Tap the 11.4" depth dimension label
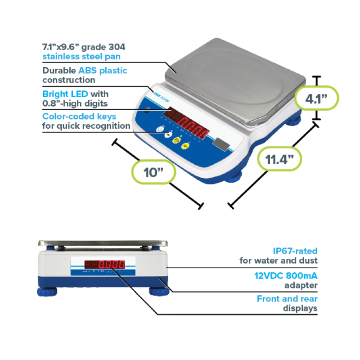coord(279,159)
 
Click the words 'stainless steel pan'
coord(81,57)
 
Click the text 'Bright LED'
coord(66,94)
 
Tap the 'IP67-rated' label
coord(295,251)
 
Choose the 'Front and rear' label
coord(287,299)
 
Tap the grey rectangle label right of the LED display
coord(220,144)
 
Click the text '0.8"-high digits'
coord(75,103)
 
